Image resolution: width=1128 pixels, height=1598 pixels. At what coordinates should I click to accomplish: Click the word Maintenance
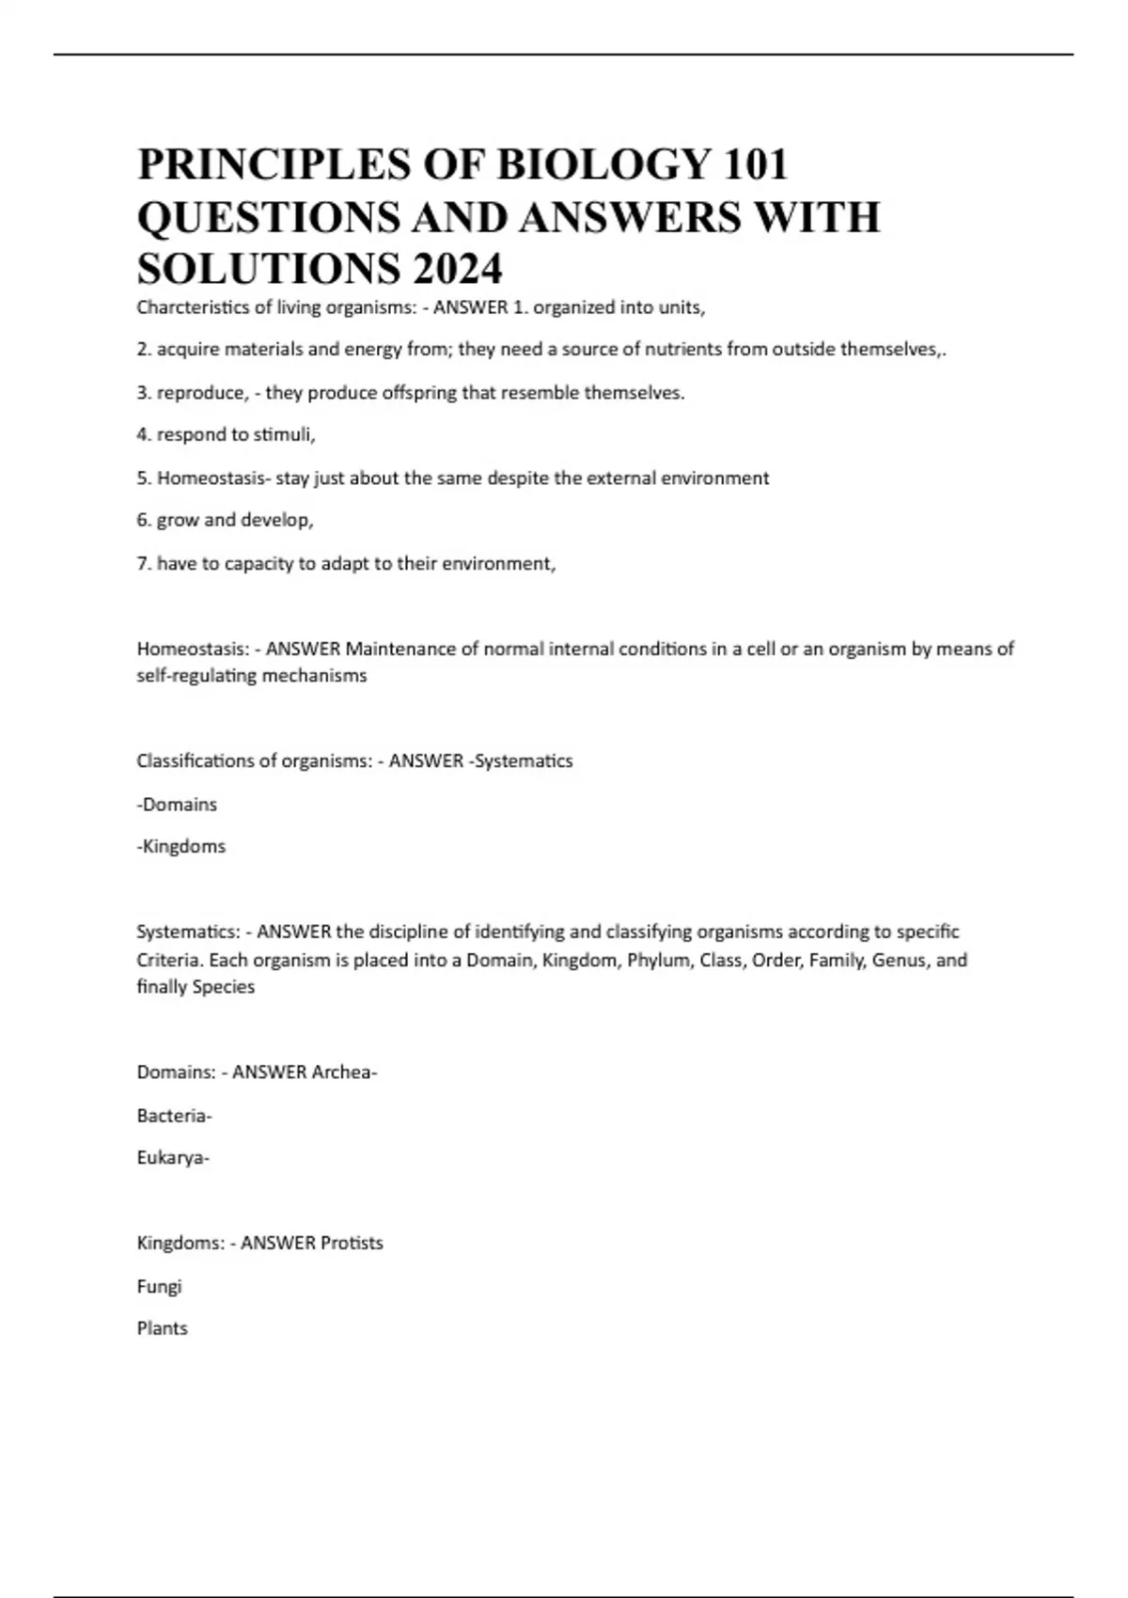401,649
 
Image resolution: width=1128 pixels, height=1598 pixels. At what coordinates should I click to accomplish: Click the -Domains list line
177,805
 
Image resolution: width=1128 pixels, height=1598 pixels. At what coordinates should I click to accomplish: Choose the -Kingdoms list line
181,847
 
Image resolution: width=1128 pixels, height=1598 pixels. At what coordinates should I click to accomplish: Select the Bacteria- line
175,1116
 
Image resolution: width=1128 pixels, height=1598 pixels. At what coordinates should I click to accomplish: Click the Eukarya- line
173,1158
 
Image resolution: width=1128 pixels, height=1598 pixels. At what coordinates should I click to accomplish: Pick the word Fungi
159,1287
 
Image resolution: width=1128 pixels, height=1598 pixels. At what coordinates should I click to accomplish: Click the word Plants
162,1329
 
